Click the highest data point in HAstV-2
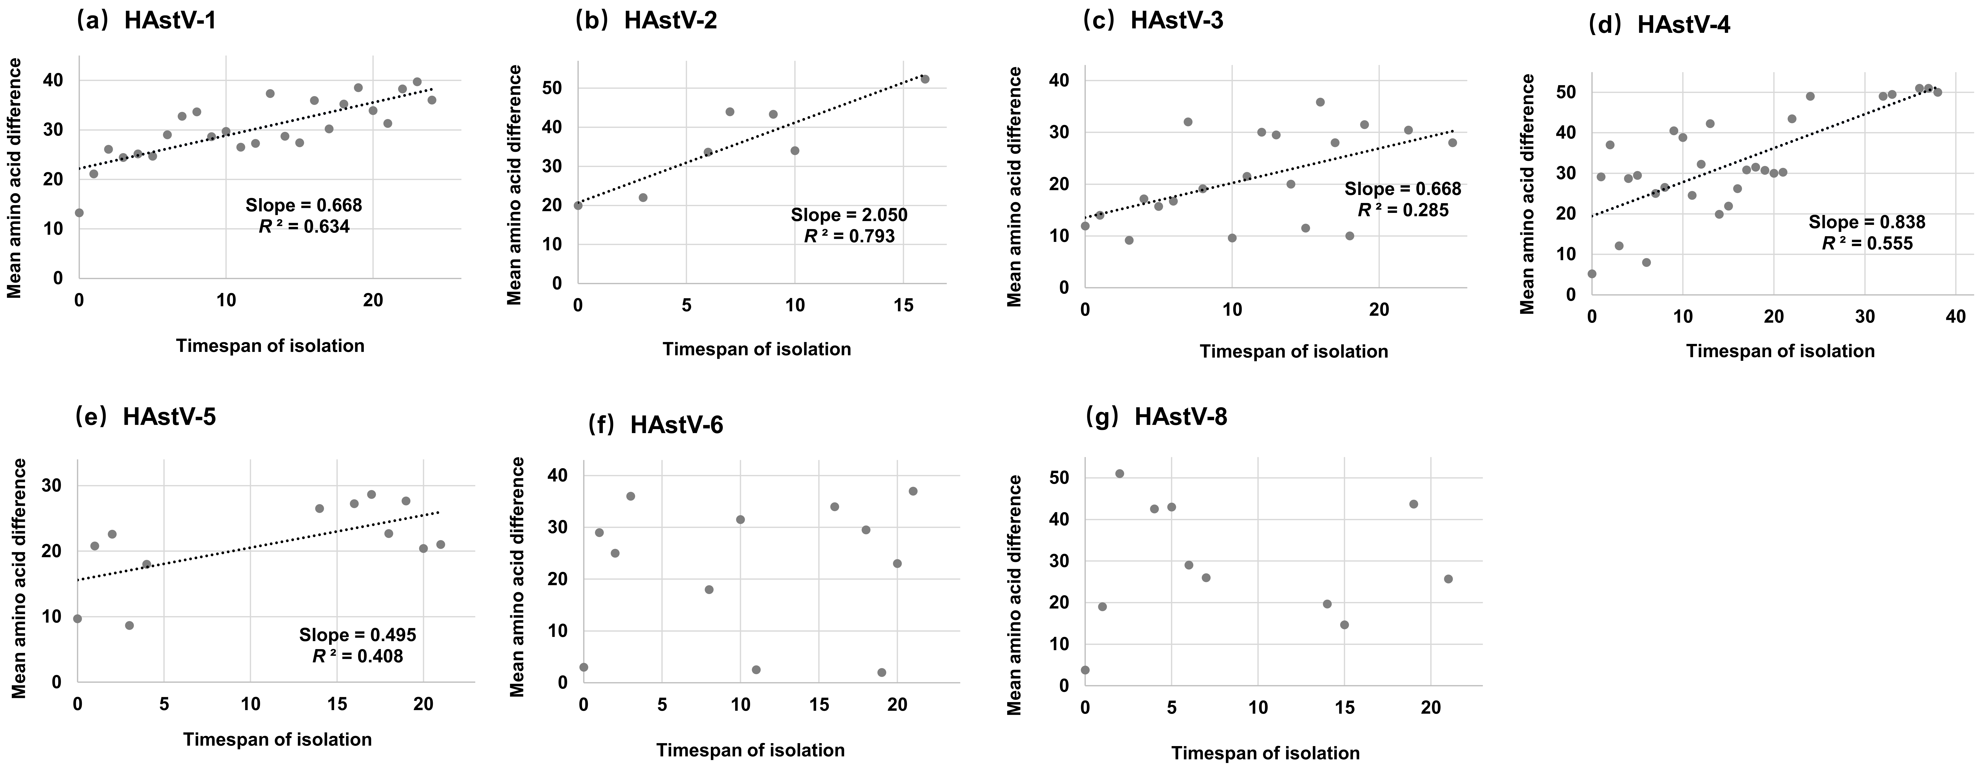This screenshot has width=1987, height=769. pyautogui.click(x=925, y=79)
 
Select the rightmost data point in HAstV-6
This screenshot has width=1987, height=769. pyautogui.click(x=913, y=491)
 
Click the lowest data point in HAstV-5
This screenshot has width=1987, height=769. pyautogui.click(x=130, y=626)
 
